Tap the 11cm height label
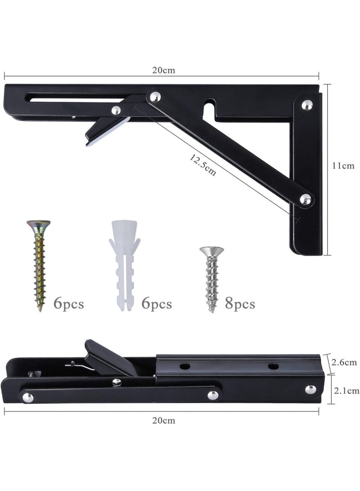343,166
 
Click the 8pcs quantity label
240,304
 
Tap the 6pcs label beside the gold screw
68,304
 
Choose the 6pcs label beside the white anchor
157,304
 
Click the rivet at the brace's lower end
306,199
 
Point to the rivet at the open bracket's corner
308,104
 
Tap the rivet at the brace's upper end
155,96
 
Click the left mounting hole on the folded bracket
185,366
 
